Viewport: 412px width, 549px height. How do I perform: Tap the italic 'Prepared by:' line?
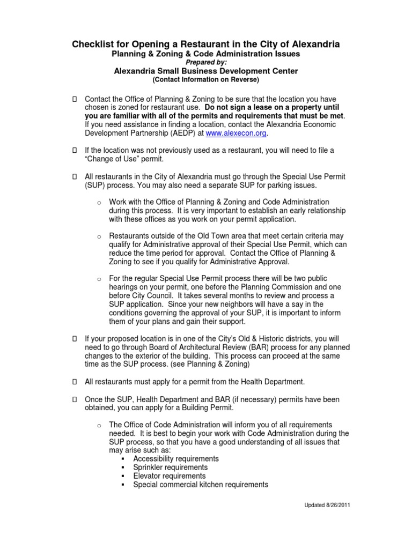(205, 62)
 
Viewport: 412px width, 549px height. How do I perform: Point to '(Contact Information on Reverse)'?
(205, 80)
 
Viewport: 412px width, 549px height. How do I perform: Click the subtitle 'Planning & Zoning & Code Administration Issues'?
(205, 54)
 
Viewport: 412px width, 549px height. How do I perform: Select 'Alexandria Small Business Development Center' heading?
(205, 71)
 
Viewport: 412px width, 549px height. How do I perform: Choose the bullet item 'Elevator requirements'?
(169, 476)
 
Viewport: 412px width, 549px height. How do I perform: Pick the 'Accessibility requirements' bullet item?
(176, 459)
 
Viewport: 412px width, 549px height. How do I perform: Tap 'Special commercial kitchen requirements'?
(200, 485)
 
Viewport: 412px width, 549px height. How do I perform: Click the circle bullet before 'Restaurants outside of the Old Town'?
(99, 236)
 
